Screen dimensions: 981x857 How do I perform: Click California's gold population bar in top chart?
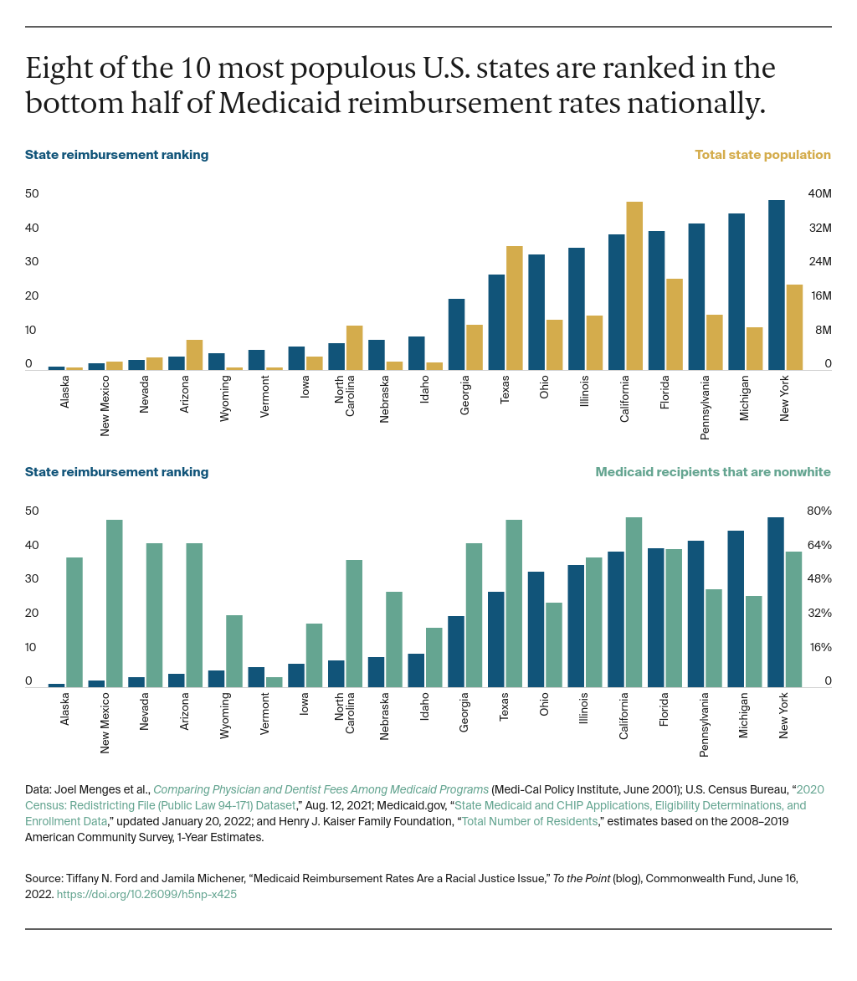pos(634,285)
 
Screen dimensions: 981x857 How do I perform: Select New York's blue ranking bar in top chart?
pos(777,285)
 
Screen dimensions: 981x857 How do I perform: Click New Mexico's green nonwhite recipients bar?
pos(115,603)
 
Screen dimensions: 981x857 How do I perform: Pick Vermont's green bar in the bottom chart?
pos(275,681)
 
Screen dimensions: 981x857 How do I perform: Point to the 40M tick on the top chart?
pos(819,194)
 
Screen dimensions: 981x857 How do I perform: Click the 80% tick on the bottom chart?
pos(819,511)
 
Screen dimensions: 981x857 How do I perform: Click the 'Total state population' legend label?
pos(762,155)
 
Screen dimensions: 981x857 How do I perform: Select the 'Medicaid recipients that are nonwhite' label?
pos(713,472)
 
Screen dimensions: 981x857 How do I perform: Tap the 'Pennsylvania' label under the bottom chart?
pos(705,725)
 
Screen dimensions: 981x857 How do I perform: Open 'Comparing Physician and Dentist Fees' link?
pos(321,789)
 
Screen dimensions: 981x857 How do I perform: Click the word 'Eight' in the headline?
pos(56,68)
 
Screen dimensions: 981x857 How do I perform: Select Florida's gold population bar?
pos(675,323)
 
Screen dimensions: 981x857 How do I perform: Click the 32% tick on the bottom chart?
pos(819,614)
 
